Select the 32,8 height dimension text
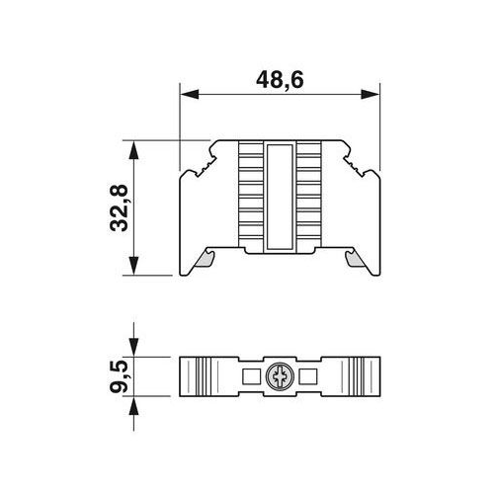click(x=119, y=208)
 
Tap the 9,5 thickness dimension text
click(x=119, y=375)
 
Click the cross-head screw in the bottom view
click(x=281, y=375)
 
